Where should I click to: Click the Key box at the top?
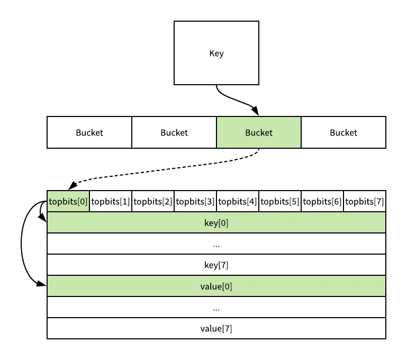pos(216,53)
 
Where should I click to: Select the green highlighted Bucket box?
pos(259,132)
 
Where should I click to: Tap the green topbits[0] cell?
pos(68,201)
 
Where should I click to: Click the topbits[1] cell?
pos(111,201)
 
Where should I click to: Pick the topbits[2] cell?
pos(153,201)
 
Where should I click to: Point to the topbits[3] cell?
pos(195,201)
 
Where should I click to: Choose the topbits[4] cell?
pos(238,201)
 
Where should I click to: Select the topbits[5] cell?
pos(280,201)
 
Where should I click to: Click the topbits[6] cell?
pos(322,201)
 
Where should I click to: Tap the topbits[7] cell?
pos(365,201)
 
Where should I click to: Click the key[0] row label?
pos(216,223)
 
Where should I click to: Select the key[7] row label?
pos(216,265)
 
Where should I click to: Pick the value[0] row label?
pos(216,286)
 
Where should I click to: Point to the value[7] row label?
pos(216,328)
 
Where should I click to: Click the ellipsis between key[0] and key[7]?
pos(216,245)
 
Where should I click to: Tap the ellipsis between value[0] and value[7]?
pos(216,308)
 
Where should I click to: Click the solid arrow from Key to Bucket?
pos(233,101)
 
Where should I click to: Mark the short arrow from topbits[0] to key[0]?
pos(41,212)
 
